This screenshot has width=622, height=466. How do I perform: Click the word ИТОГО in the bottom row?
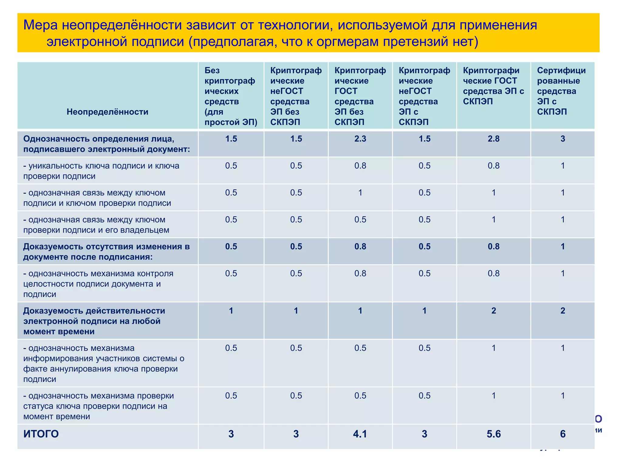[x=41, y=434]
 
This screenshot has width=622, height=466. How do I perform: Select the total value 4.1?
[x=360, y=434]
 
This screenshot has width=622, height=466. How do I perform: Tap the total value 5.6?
[x=494, y=434]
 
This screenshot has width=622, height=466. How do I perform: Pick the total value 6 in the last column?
[x=562, y=434]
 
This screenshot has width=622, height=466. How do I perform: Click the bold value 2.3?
[x=360, y=139]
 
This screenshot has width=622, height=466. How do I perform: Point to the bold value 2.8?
[x=494, y=139]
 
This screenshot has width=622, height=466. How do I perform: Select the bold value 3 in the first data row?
[x=562, y=139]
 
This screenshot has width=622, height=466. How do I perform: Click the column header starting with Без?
[x=231, y=96]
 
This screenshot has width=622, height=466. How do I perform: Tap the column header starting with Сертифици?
[x=561, y=91]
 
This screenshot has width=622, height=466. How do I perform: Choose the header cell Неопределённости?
[x=108, y=112]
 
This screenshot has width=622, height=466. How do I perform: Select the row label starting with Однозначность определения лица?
[x=106, y=144]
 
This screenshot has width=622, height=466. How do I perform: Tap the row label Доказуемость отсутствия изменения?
[x=106, y=252]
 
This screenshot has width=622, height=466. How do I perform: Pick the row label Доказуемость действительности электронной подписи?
[x=94, y=321]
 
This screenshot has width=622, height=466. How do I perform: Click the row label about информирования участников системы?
[x=103, y=363]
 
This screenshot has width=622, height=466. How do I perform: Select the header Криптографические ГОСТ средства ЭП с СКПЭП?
[x=493, y=86]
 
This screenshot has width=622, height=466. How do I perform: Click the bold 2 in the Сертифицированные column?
[x=562, y=311]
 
